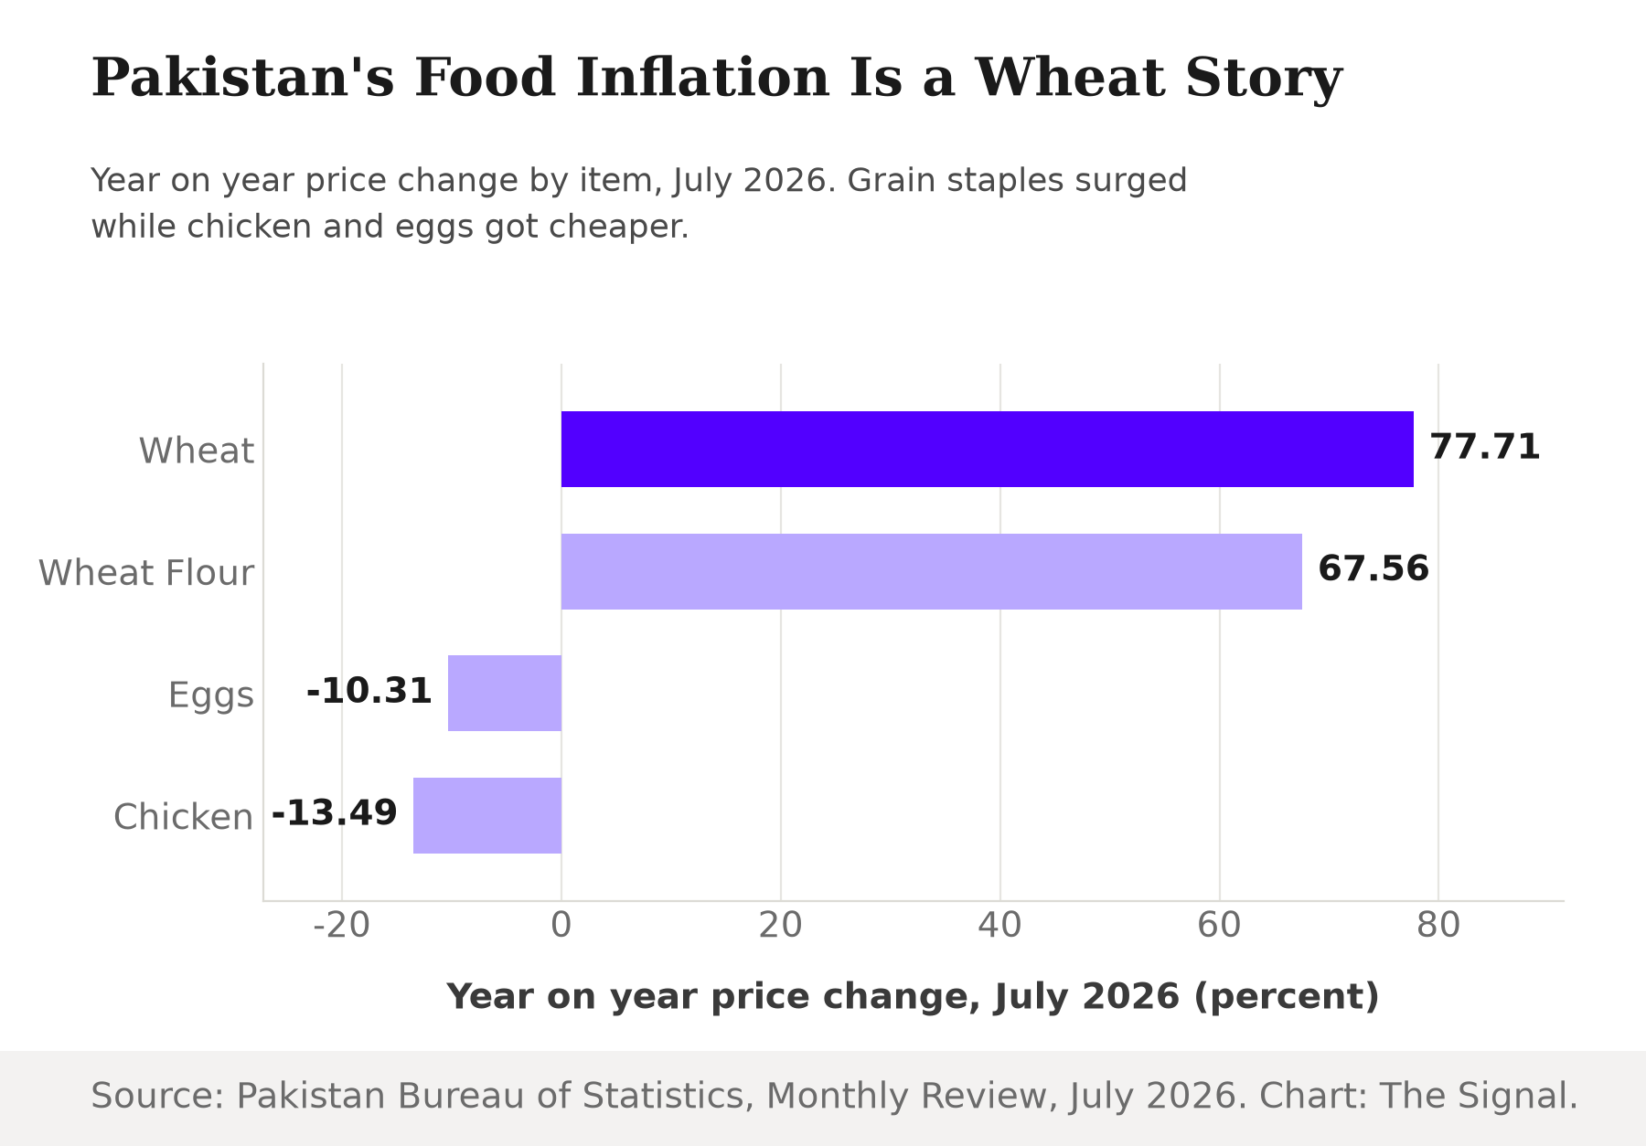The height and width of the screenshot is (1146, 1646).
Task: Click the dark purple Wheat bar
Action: click(x=987, y=449)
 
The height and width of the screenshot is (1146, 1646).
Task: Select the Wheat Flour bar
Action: click(x=931, y=571)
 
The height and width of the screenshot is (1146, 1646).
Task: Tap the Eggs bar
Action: click(x=505, y=693)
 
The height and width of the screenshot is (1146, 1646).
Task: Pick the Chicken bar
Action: click(x=487, y=815)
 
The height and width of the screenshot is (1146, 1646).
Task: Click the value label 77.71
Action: click(x=1485, y=448)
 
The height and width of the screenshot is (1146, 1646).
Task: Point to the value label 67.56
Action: click(x=1373, y=569)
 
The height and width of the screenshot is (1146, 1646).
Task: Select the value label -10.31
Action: click(x=369, y=692)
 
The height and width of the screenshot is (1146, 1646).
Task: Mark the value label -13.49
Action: click(x=335, y=813)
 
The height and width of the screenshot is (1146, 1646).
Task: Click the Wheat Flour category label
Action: click(x=146, y=573)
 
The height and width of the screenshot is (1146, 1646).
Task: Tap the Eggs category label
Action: click(x=211, y=696)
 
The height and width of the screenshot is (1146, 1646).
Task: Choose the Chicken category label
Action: click(x=184, y=817)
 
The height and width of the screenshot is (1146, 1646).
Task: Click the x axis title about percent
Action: click(x=913, y=997)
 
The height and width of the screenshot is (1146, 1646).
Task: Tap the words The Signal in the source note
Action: click(x=1479, y=1096)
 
